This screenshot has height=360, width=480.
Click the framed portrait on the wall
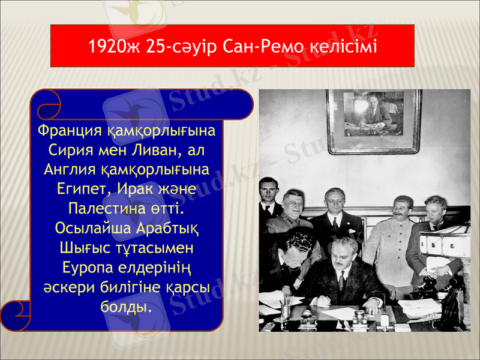373,120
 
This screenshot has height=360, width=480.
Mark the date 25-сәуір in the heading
178,46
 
